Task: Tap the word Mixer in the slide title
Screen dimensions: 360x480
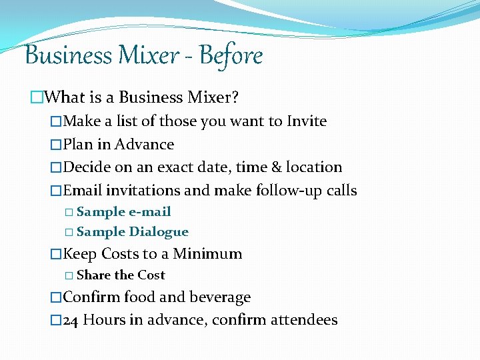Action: [141, 55]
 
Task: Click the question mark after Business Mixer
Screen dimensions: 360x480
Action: [235, 97]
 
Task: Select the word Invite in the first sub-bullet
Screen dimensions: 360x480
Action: [307, 121]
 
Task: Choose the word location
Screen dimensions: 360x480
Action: [315, 167]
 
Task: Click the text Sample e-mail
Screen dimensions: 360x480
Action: [123, 212]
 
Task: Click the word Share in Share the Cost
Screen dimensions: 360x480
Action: [93, 275]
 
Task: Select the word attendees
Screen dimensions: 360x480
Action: [304, 320]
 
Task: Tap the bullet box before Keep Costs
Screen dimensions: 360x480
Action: [56, 254]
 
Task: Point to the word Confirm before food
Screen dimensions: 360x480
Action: [90, 297]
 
